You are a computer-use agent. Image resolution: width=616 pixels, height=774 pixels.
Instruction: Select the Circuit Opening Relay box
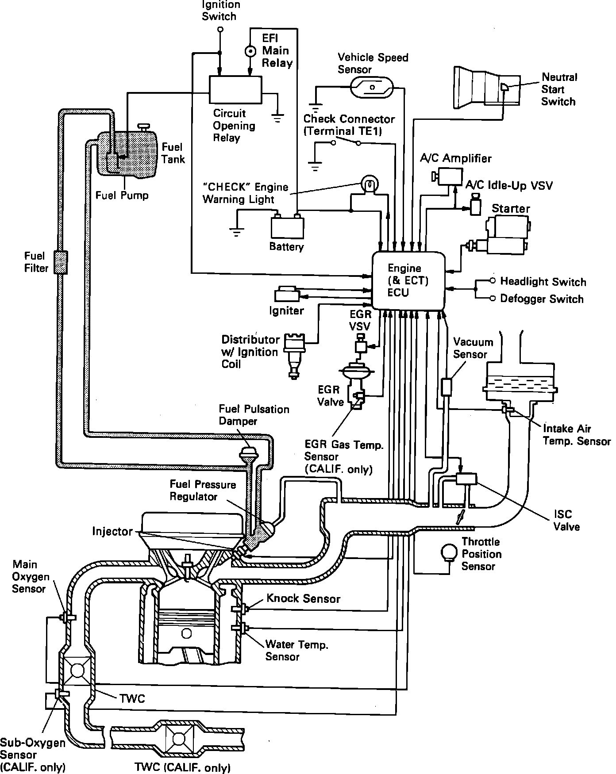point(235,90)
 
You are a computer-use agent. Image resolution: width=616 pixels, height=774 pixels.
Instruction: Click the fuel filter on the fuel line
point(61,262)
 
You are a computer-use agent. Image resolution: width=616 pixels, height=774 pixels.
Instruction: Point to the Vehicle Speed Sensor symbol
point(372,87)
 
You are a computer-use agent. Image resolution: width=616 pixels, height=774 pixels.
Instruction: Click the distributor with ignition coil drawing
point(293,354)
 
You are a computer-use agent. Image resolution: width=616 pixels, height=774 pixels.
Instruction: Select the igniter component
point(286,295)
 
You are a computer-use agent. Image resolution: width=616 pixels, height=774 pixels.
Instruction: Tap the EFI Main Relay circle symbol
point(250,52)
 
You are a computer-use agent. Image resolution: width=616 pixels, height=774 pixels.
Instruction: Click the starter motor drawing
point(504,235)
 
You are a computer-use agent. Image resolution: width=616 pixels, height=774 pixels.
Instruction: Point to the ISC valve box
point(466,479)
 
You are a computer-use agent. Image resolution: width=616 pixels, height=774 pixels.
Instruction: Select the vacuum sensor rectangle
point(446,387)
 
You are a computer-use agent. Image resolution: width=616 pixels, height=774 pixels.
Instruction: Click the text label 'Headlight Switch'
point(543,282)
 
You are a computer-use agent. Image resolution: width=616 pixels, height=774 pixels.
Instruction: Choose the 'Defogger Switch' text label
point(542,299)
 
